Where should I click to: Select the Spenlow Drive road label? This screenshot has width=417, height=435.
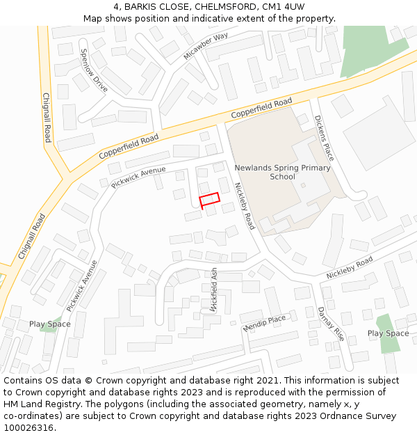point(94,70)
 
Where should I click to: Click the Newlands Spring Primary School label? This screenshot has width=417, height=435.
point(282,172)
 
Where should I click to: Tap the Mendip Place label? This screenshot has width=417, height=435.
point(264,323)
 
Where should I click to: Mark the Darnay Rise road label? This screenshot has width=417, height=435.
point(331,323)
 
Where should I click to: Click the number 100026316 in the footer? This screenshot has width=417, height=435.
point(28,427)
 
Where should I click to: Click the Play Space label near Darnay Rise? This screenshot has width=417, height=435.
point(388,333)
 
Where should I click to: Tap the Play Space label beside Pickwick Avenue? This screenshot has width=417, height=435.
point(50,324)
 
